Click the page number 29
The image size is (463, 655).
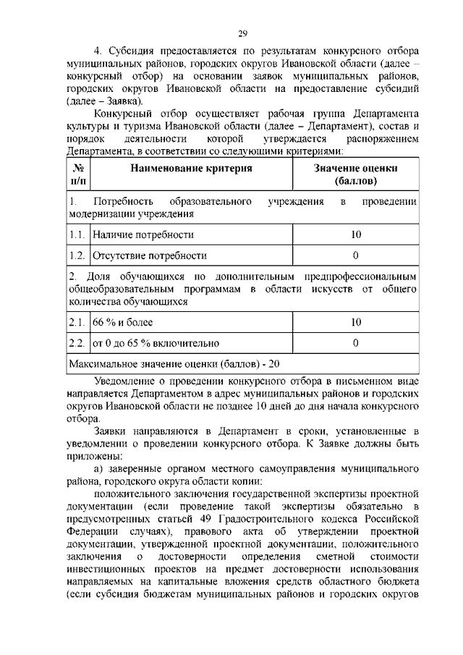pyautogui.click(x=243, y=32)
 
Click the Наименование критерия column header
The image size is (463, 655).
pyautogui.click(x=191, y=168)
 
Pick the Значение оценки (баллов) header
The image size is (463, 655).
pyautogui.click(x=355, y=174)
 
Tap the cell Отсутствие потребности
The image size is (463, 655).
pyautogui.click(x=148, y=255)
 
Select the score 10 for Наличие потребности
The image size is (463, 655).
pyautogui.click(x=355, y=234)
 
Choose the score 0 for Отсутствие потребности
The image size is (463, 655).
pyautogui.click(x=355, y=255)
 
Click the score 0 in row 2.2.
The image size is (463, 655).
pyautogui.click(x=355, y=343)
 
